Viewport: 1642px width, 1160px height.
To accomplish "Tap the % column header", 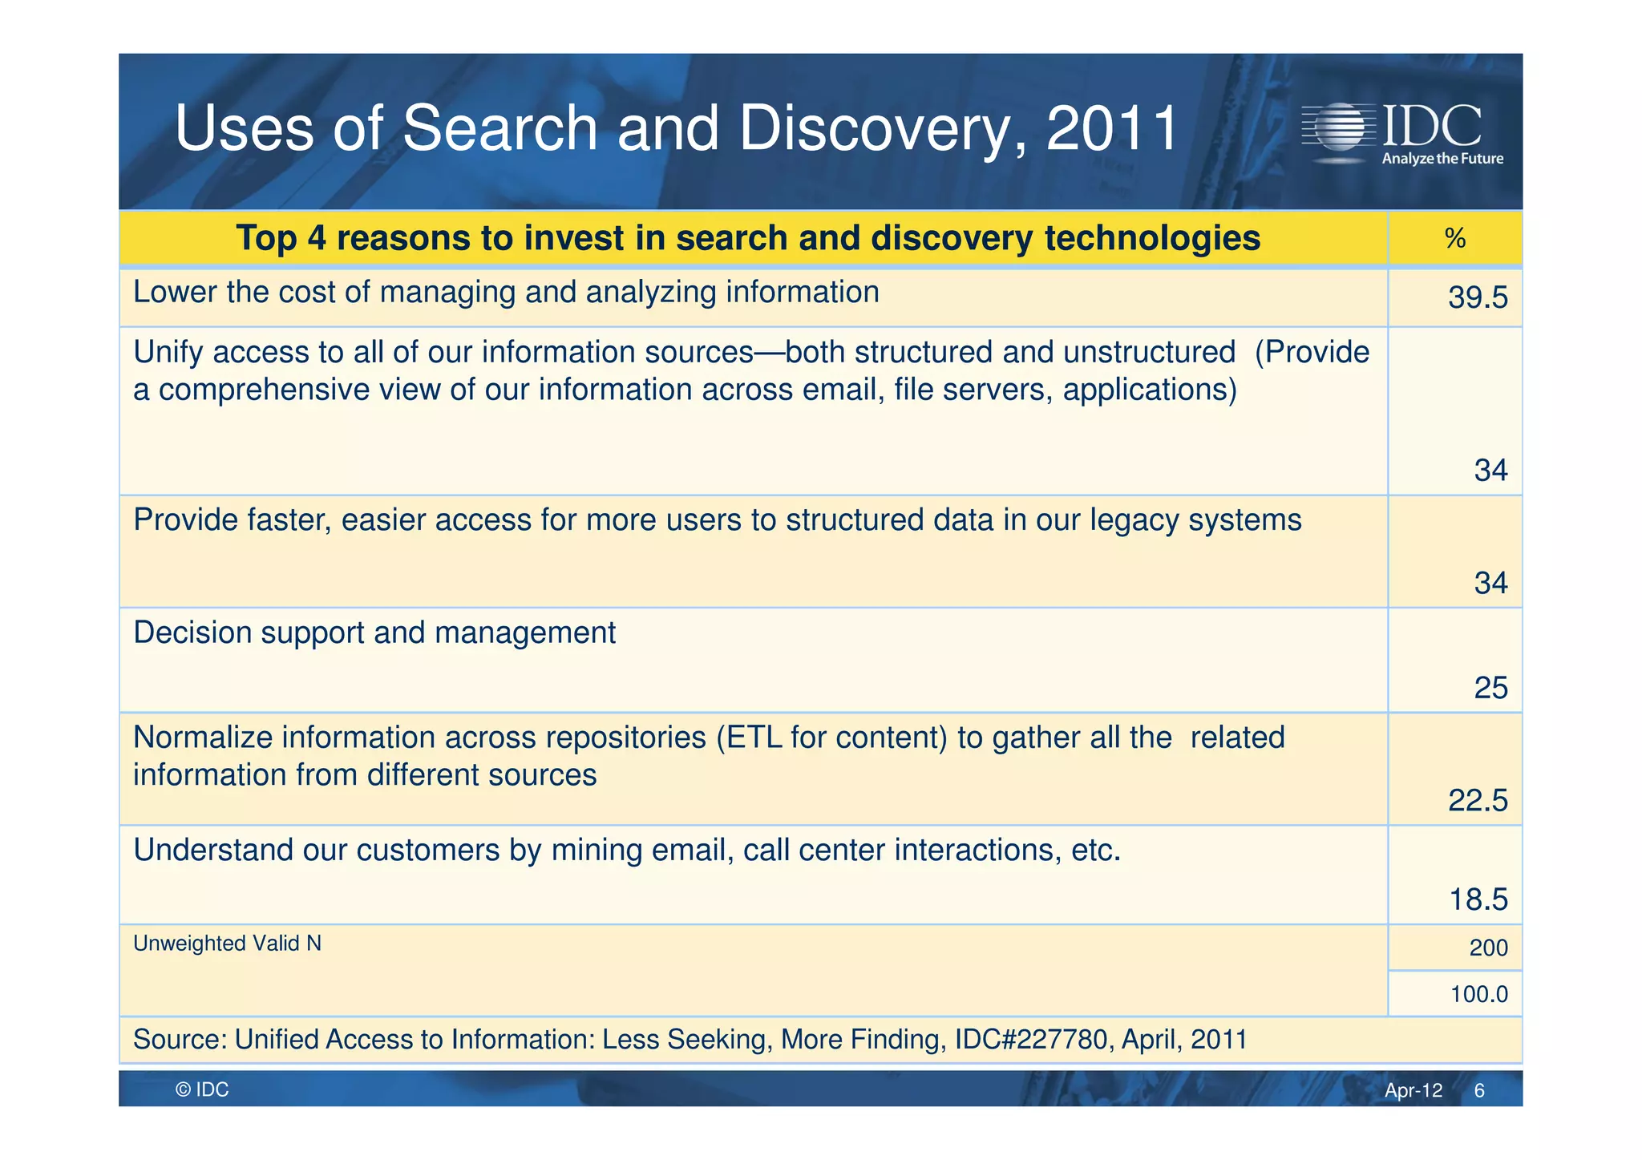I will (1454, 239).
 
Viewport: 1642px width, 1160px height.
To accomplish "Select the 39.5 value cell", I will (1478, 298).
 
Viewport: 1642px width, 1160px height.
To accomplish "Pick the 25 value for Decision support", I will (1490, 688).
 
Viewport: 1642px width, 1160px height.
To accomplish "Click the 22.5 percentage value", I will (1478, 800).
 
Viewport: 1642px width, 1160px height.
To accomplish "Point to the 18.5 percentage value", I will (1478, 899).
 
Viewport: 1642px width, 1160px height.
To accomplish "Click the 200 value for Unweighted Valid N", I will (1488, 948).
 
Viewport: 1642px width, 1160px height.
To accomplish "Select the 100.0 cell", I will (1478, 994).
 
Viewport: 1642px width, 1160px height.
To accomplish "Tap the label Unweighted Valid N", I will (227, 944).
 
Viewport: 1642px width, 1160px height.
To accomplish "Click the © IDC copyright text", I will (202, 1089).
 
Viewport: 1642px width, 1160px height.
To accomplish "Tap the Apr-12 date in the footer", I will (1413, 1090).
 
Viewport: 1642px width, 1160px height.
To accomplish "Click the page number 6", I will (1479, 1090).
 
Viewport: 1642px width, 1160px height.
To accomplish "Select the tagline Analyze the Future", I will (1442, 159).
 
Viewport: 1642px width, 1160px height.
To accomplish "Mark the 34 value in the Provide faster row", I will (1490, 583).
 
